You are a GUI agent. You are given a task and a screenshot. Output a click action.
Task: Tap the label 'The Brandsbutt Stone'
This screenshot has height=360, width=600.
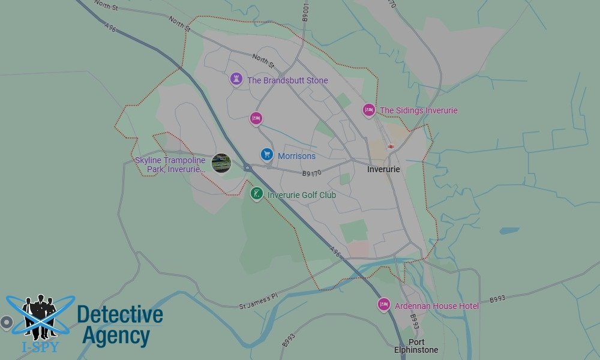(287, 80)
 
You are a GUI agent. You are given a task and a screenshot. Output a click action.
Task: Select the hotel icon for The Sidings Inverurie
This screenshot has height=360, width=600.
(369, 110)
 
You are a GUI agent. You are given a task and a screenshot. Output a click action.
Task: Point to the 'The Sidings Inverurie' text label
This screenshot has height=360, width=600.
(418, 110)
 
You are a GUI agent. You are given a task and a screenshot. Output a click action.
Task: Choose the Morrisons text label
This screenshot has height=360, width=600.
(296, 156)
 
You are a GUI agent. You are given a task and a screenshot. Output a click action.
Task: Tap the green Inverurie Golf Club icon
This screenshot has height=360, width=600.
(257, 194)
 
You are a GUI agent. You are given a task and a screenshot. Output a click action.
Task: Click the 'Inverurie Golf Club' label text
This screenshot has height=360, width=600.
(301, 195)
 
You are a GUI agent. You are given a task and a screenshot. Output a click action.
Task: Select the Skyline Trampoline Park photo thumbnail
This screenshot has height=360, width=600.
(221, 163)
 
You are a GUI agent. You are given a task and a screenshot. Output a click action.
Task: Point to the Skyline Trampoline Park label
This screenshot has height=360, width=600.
(170, 165)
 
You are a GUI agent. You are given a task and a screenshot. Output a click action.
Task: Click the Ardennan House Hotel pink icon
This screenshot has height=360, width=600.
(384, 305)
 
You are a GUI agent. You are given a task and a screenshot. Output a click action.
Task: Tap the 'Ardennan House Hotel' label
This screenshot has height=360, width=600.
(437, 307)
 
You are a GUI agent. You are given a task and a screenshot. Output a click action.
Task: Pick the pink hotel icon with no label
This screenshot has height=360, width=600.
(256, 118)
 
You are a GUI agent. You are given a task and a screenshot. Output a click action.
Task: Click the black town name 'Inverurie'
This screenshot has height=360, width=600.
(383, 170)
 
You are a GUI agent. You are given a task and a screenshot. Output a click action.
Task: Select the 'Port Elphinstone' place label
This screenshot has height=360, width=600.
(416, 346)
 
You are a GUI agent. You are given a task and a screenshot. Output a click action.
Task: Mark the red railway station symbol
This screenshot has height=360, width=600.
(391, 146)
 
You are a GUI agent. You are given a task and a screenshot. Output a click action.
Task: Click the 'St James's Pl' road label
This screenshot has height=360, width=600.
(259, 305)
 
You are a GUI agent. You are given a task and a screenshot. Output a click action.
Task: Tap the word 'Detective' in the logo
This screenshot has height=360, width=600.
(120, 315)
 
